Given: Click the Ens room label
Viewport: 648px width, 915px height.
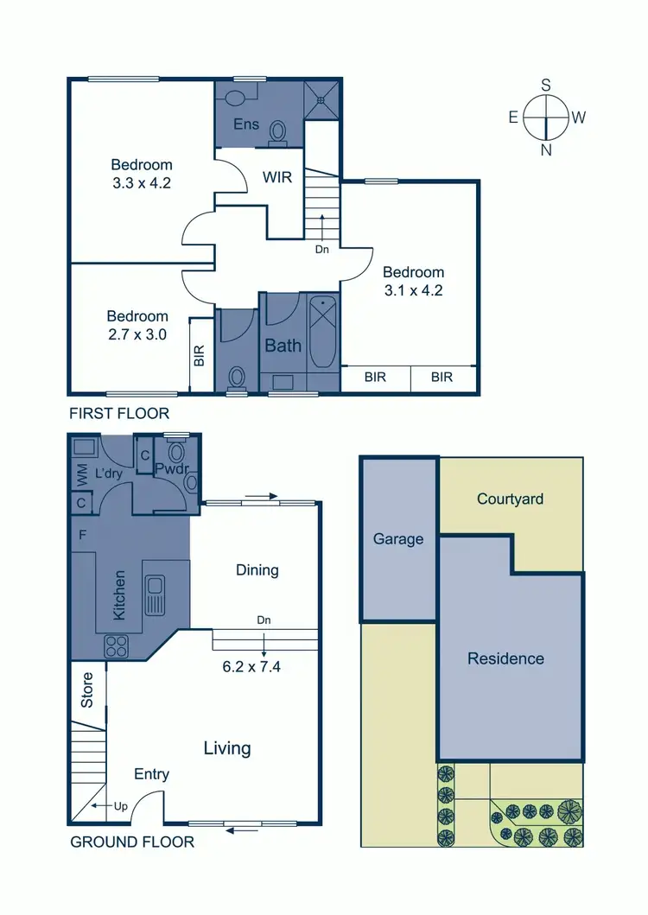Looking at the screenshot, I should click(x=246, y=125).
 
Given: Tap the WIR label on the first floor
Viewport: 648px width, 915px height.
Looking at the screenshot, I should click(x=277, y=178).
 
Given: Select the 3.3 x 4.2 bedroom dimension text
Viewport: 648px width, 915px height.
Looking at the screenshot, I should click(x=141, y=183).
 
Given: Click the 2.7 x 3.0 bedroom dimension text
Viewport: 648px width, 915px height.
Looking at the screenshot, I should click(x=137, y=335).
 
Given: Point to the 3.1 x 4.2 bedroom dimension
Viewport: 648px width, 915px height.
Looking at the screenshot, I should click(x=414, y=291).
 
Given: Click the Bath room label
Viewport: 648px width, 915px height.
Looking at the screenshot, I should click(x=283, y=346).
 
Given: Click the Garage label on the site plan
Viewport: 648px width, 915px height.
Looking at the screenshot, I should click(x=398, y=539).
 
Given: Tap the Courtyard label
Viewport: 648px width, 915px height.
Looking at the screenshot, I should click(x=510, y=499).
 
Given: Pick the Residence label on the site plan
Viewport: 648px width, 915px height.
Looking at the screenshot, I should click(x=505, y=658).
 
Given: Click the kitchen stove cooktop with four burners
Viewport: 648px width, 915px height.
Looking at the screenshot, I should click(x=117, y=646).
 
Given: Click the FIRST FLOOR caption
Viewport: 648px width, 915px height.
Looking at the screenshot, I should click(x=119, y=414).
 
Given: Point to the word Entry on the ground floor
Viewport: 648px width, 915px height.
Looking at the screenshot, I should click(x=151, y=774).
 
